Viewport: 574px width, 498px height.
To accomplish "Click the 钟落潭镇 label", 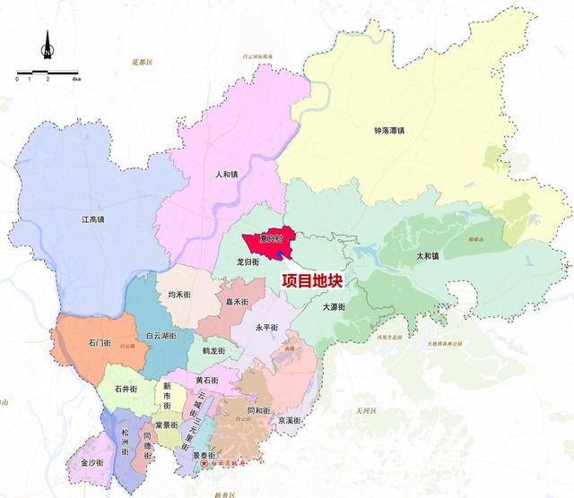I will point(389,131).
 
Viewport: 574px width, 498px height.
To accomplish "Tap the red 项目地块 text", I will point(312,280).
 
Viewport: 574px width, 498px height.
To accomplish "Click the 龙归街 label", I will point(248,262).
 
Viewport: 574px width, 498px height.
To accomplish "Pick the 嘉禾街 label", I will point(238,302).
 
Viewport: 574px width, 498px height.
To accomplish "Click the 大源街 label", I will point(334,306).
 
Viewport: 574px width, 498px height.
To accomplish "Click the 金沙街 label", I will point(92,463).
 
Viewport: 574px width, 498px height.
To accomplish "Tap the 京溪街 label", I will point(289,420).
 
